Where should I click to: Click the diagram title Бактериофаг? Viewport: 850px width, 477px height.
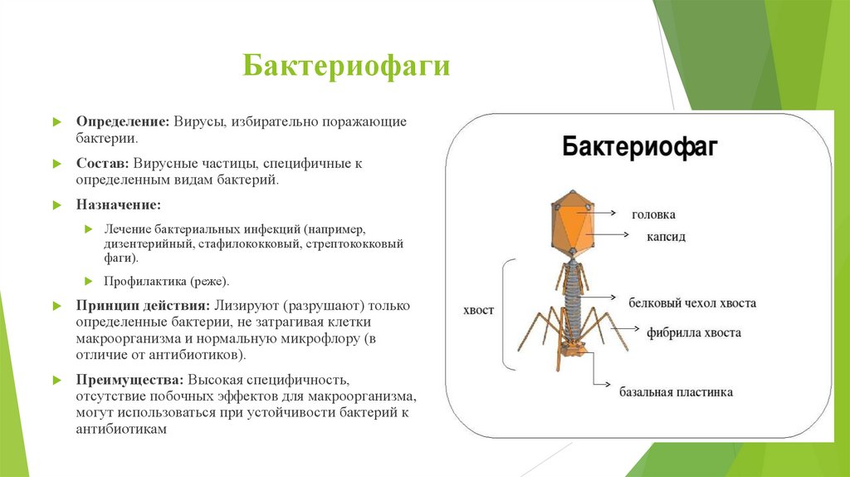[640, 148]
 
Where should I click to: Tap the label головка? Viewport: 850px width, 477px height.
[653, 214]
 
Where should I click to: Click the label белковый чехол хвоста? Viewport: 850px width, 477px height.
[691, 303]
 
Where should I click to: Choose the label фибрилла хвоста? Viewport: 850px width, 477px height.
[694, 332]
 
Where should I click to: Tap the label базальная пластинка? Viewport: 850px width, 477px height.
[676, 391]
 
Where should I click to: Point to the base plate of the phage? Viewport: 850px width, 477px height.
[572, 347]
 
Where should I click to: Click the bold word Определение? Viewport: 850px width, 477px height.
[124, 121]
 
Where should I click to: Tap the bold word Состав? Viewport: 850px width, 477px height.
[102, 164]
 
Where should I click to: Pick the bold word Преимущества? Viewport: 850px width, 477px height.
[129, 380]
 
